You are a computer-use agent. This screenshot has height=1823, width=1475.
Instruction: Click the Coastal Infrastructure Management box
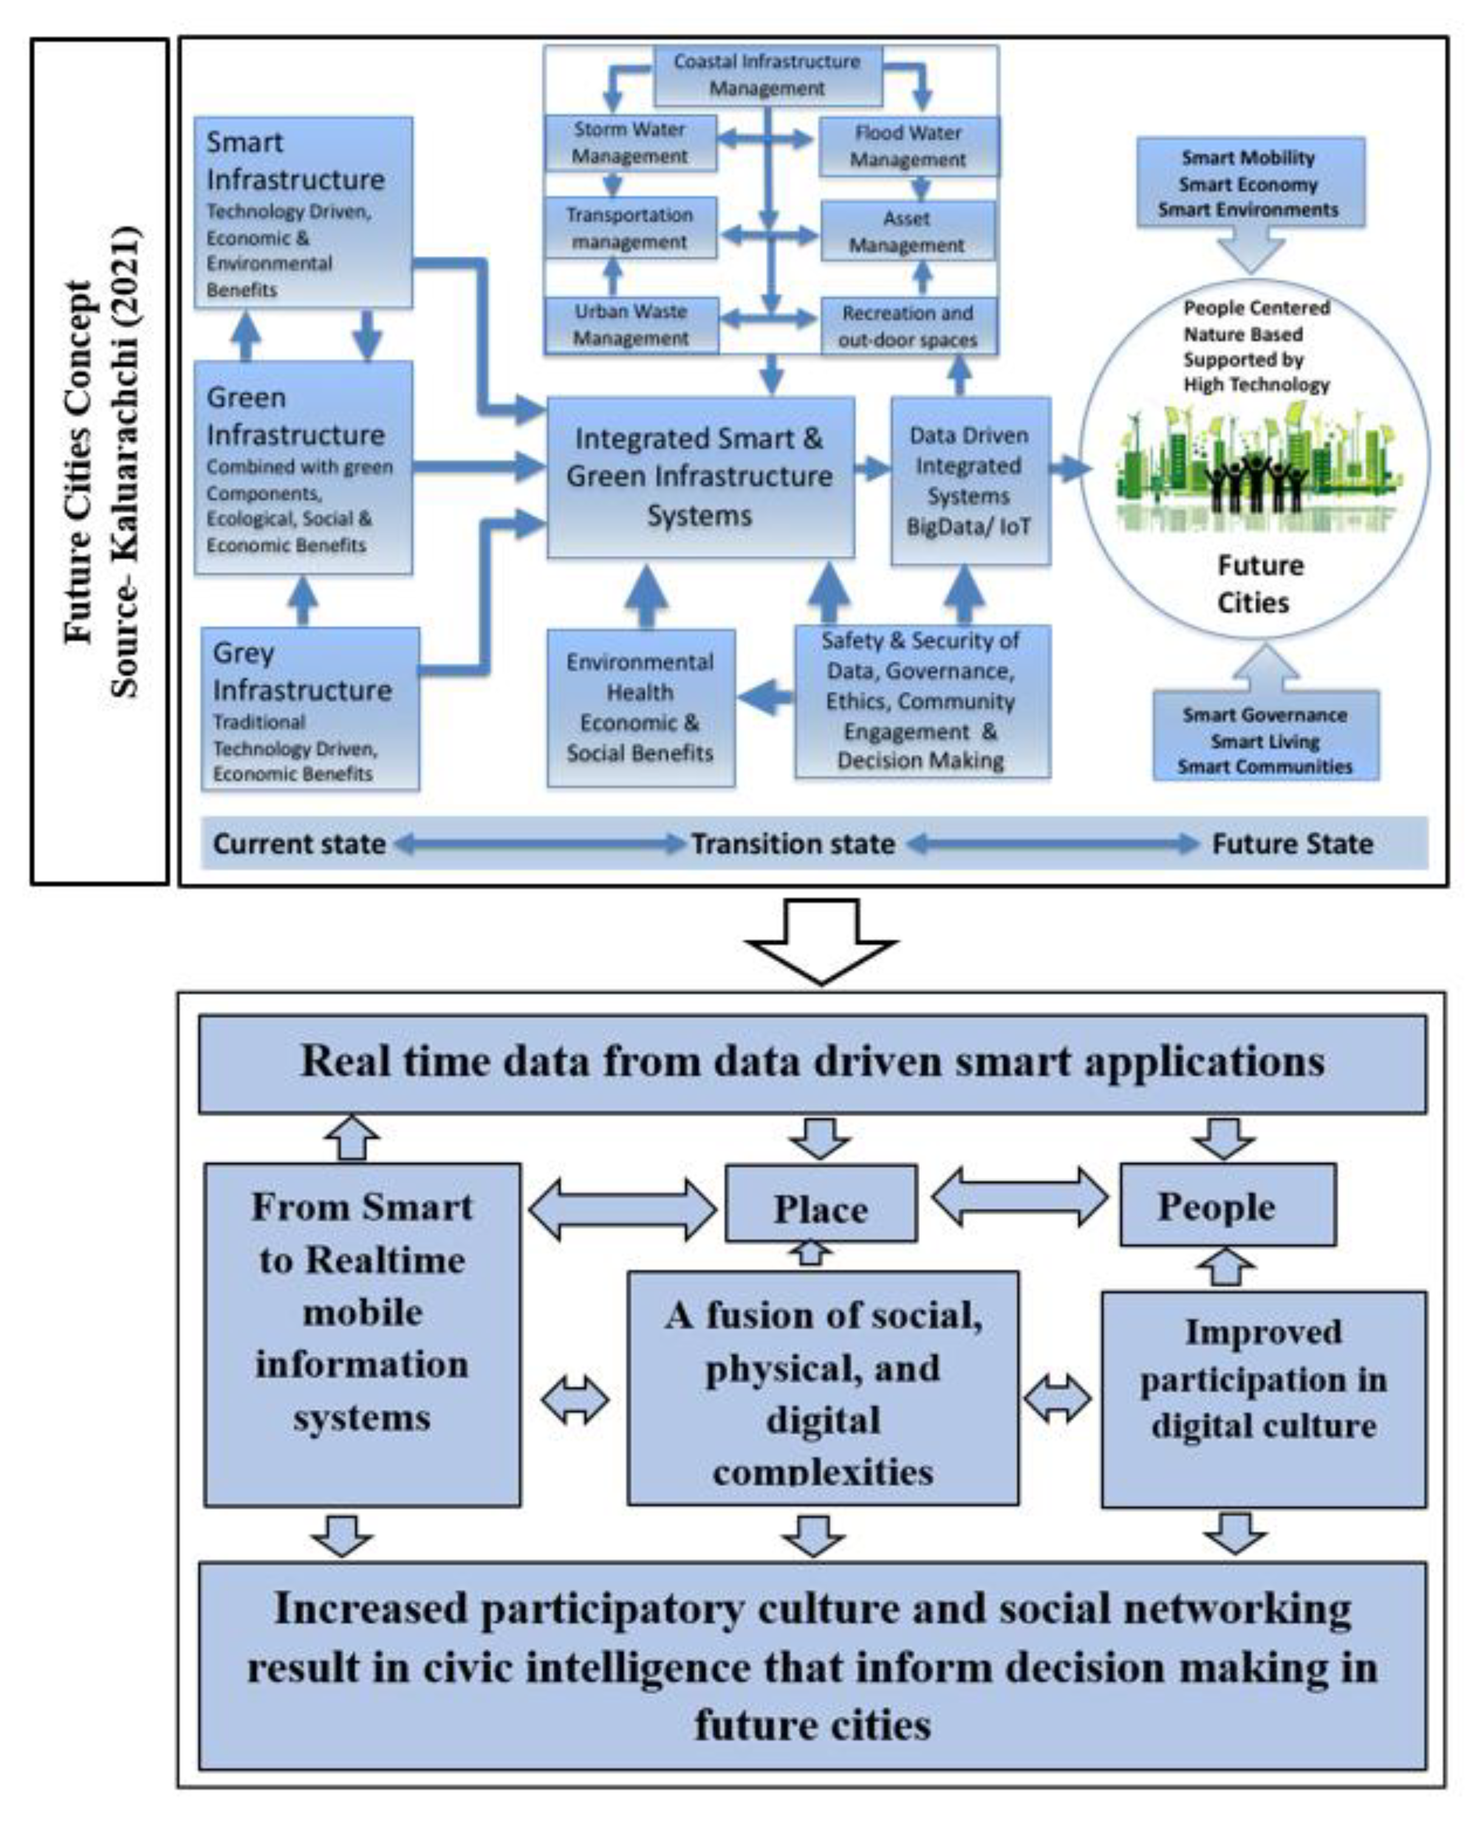767,75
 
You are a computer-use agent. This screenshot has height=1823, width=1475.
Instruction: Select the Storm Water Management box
629,143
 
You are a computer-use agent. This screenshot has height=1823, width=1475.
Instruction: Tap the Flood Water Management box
908,146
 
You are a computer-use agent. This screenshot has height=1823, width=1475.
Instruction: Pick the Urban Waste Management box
631,324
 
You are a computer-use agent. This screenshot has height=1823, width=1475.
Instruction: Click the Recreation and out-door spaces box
908,326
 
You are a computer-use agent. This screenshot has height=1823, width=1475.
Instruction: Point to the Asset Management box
906,231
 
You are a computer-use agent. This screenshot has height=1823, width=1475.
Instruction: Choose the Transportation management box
629,228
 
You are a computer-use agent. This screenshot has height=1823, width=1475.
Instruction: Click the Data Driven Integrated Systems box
970,481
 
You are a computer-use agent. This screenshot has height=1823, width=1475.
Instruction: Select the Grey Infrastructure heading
302,671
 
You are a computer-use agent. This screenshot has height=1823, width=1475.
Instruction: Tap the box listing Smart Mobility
1249,183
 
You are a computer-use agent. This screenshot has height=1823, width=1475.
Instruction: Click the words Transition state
792,844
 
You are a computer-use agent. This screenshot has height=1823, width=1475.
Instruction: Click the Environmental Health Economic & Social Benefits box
640,708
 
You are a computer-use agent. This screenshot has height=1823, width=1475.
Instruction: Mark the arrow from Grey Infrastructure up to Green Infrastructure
303,601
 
